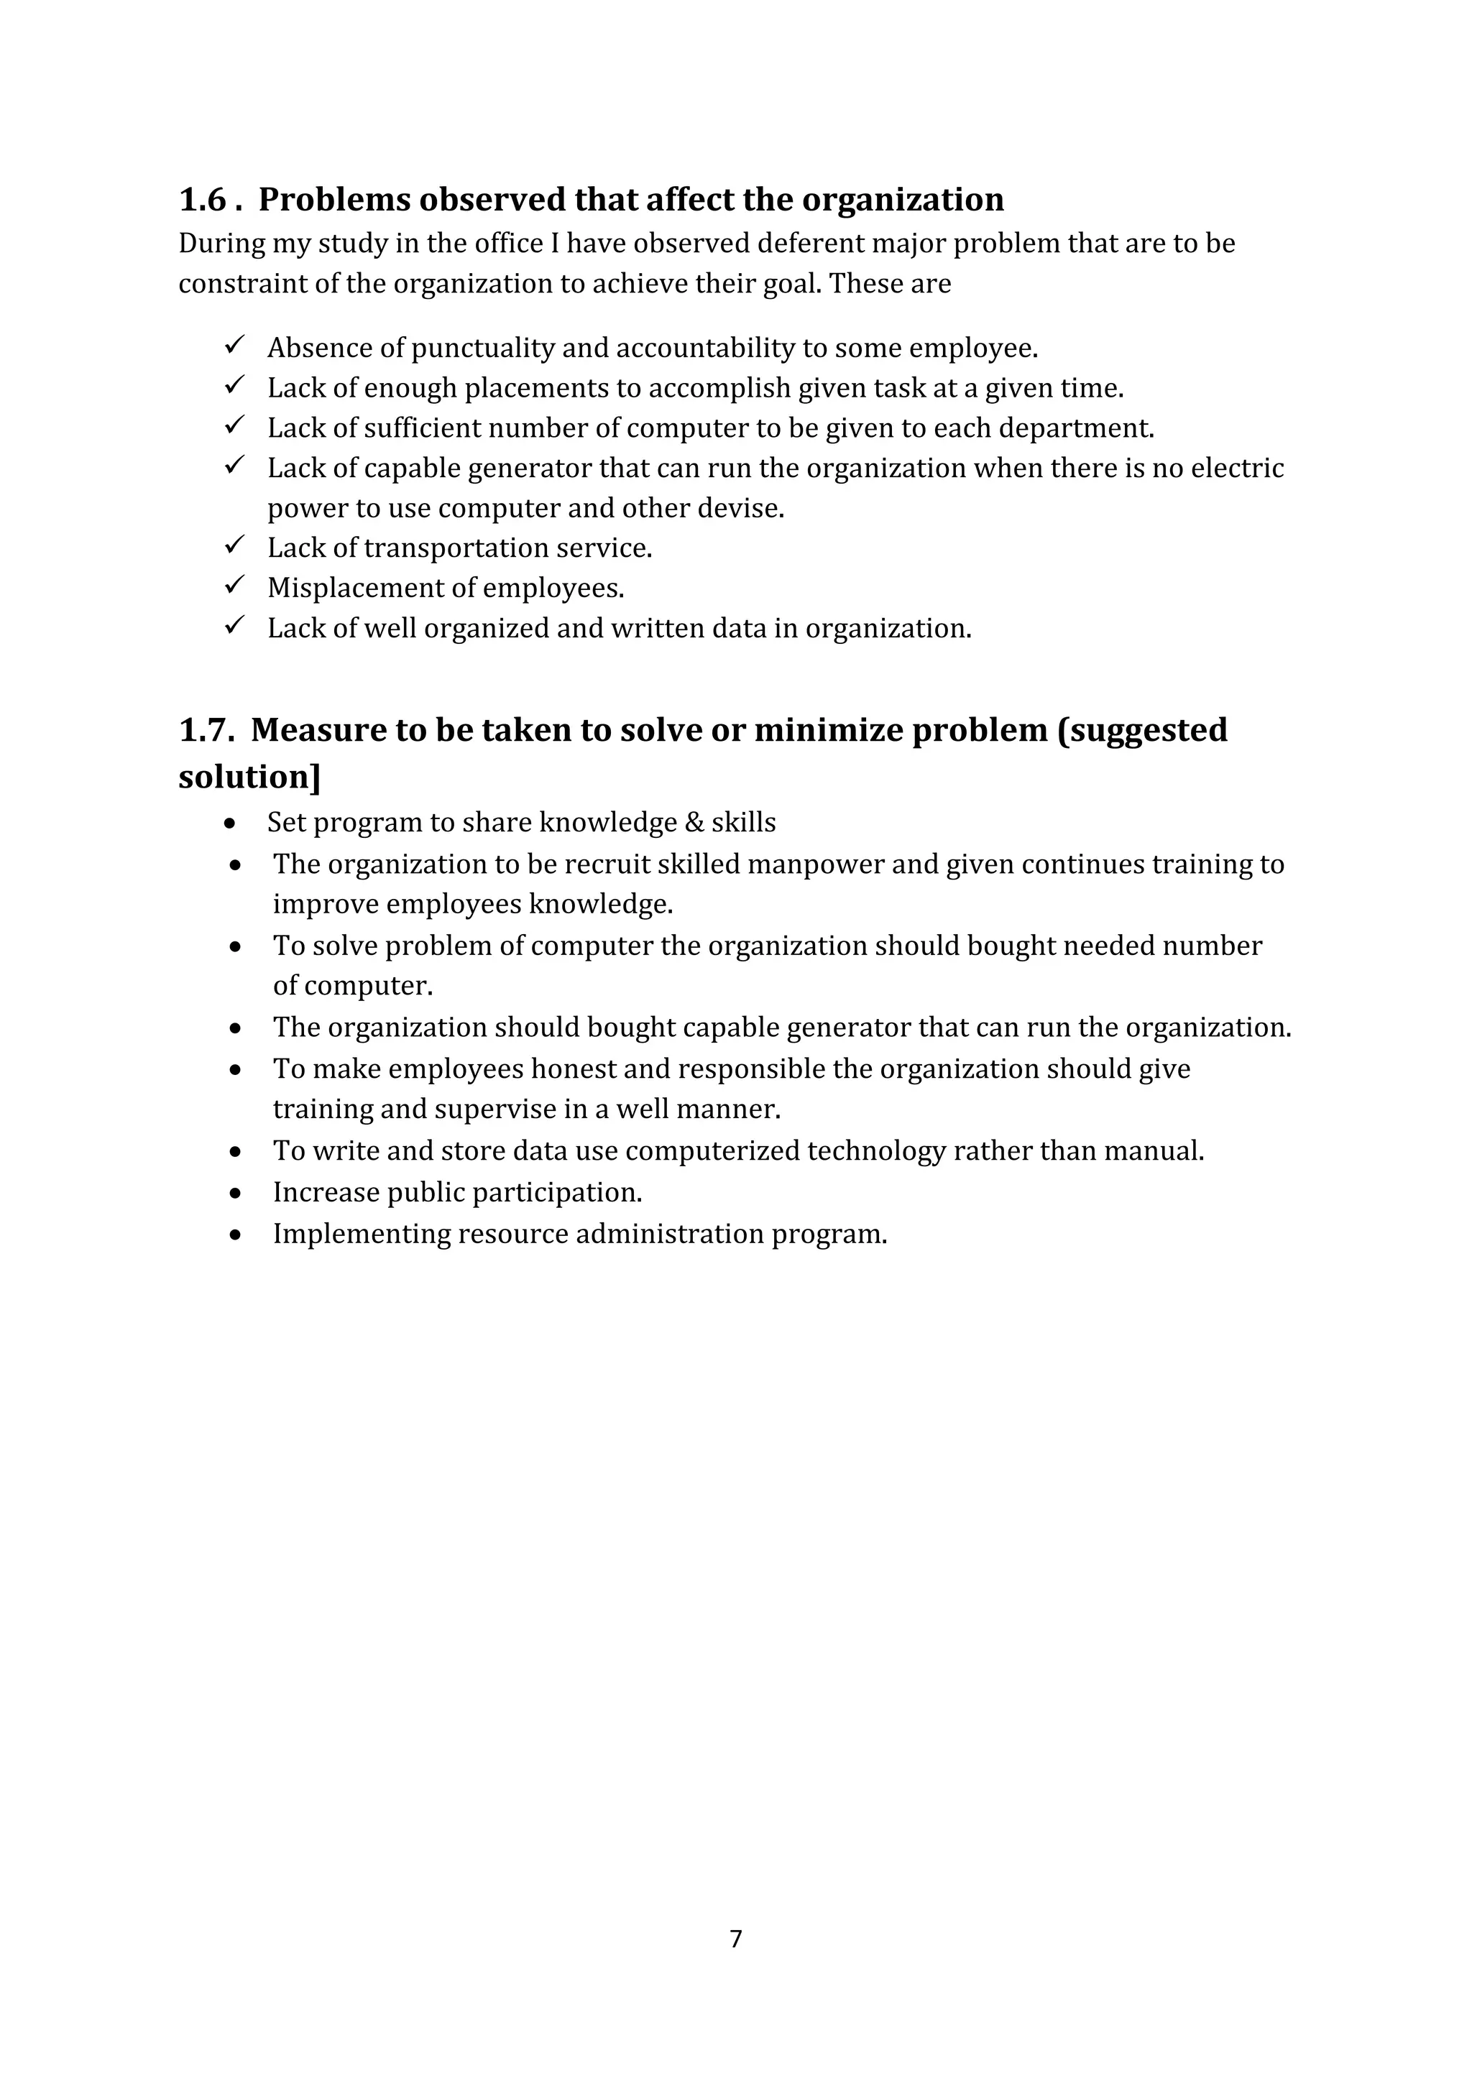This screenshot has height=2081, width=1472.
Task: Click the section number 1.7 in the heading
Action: tap(206, 729)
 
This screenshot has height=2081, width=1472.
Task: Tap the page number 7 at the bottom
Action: tap(736, 1939)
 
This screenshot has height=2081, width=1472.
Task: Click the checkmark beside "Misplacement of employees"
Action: tap(235, 586)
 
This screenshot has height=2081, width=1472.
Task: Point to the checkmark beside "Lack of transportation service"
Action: tap(235, 545)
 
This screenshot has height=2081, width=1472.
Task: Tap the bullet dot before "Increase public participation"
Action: tap(236, 1194)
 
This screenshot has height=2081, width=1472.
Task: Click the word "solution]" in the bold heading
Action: tap(249, 778)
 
